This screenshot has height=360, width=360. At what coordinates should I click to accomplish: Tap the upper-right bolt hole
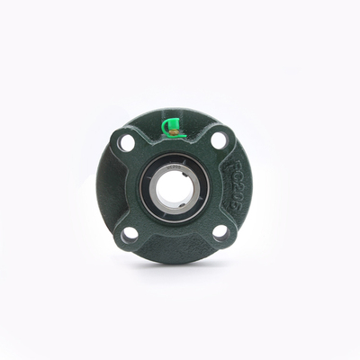(220, 140)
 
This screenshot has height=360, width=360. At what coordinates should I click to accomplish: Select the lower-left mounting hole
(130, 234)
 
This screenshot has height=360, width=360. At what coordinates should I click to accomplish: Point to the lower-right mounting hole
(220, 232)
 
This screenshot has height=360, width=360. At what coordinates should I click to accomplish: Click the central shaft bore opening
(175, 187)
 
